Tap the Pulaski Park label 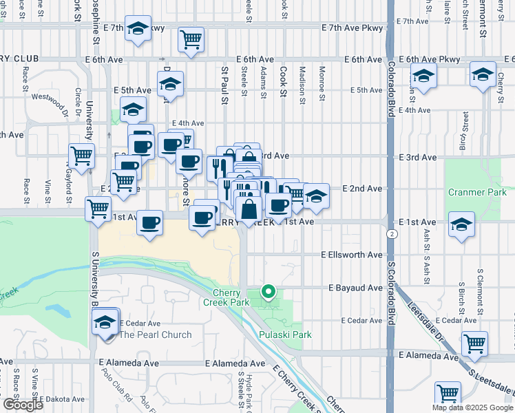click(286, 335)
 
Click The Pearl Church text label click(156, 335)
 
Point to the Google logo click(23, 405)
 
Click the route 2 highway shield click(391, 234)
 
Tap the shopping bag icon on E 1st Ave click(248, 209)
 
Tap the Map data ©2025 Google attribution click(472, 407)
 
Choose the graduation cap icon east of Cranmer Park click(461, 224)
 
